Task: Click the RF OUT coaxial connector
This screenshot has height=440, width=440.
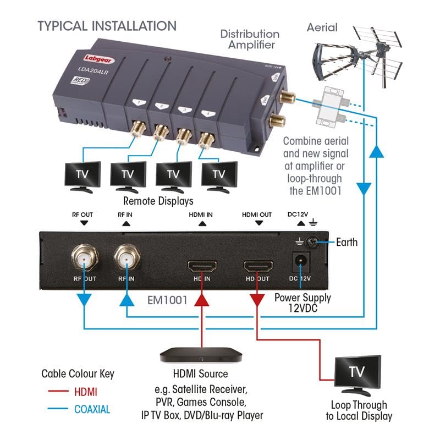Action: pyautogui.click(x=83, y=256)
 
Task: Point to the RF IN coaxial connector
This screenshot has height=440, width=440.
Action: pyautogui.click(x=126, y=256)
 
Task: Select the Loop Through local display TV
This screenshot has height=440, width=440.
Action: pyautogui.click(x=356, y=375)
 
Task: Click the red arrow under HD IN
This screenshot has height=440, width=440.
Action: pyautogui.click(x=202, y=299)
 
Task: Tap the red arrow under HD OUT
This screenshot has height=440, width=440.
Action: pyautogui.click(x=257, y=300)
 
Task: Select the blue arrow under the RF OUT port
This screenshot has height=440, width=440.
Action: pyautogui.click(x=83, y=299)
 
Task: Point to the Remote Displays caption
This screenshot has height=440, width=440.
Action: pyautogui.click(x=158, y=201)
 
